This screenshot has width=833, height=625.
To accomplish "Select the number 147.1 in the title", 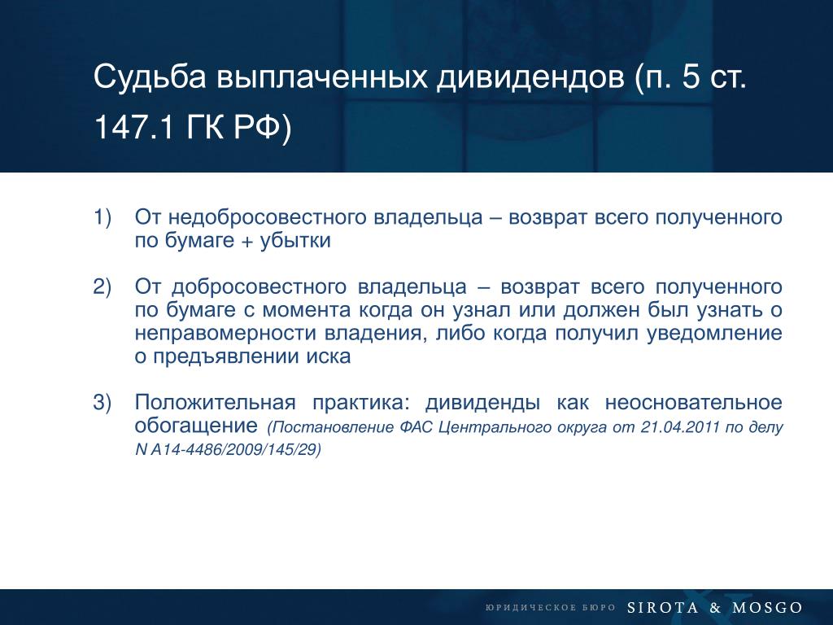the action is pos(134,128).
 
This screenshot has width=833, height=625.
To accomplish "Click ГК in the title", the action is pos(205,128).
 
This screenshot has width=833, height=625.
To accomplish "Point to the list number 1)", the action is pos(102,218).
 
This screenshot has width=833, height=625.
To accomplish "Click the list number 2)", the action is pos(102,287).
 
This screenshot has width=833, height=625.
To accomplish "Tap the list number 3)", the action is pos(102,403).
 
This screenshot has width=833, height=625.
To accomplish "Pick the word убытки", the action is pos(295,241).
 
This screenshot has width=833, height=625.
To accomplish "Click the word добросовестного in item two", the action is pos(259,287).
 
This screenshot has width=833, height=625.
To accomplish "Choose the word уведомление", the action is pos(714,333).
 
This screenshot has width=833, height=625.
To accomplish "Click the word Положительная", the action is pos(215,403).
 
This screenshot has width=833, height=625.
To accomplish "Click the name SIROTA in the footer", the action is pos(662,607).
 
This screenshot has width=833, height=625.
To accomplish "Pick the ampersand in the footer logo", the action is pos(715,607).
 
